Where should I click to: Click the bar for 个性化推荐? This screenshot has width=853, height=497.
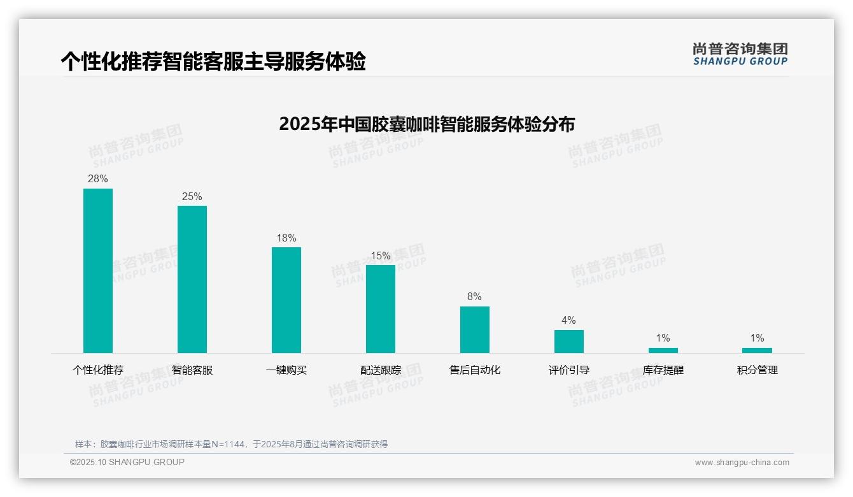pos(98,271)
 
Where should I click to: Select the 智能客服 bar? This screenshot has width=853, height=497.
pos(192,279)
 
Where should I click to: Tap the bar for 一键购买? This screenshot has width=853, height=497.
pos(286,300)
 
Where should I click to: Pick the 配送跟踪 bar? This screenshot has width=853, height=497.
pos(381,309)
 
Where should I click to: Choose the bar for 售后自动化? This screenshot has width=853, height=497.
pos(475,329)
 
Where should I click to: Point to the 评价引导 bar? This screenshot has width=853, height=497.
pos(569,342)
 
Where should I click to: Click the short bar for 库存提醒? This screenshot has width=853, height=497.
pos(663,350)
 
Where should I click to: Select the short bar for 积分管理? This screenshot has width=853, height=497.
pos(757,350)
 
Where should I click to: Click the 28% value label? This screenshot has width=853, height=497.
pos(98,179)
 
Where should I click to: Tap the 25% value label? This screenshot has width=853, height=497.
pos(192,196)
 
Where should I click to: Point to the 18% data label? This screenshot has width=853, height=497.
pos(286,238)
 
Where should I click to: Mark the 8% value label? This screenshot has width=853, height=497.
pos(475,297)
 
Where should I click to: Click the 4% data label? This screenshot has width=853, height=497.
pos(569,321)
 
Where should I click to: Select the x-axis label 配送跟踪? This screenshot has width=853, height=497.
pos(381,370)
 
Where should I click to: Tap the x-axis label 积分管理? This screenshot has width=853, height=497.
pos(757,370)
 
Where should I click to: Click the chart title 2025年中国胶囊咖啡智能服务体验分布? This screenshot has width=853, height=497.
pos(427,124)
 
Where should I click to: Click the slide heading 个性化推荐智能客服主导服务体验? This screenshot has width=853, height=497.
pos(213,61)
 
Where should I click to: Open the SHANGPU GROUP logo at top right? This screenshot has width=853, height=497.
pos(740,54)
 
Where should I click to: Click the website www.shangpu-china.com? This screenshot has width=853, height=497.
pos(742,463)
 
